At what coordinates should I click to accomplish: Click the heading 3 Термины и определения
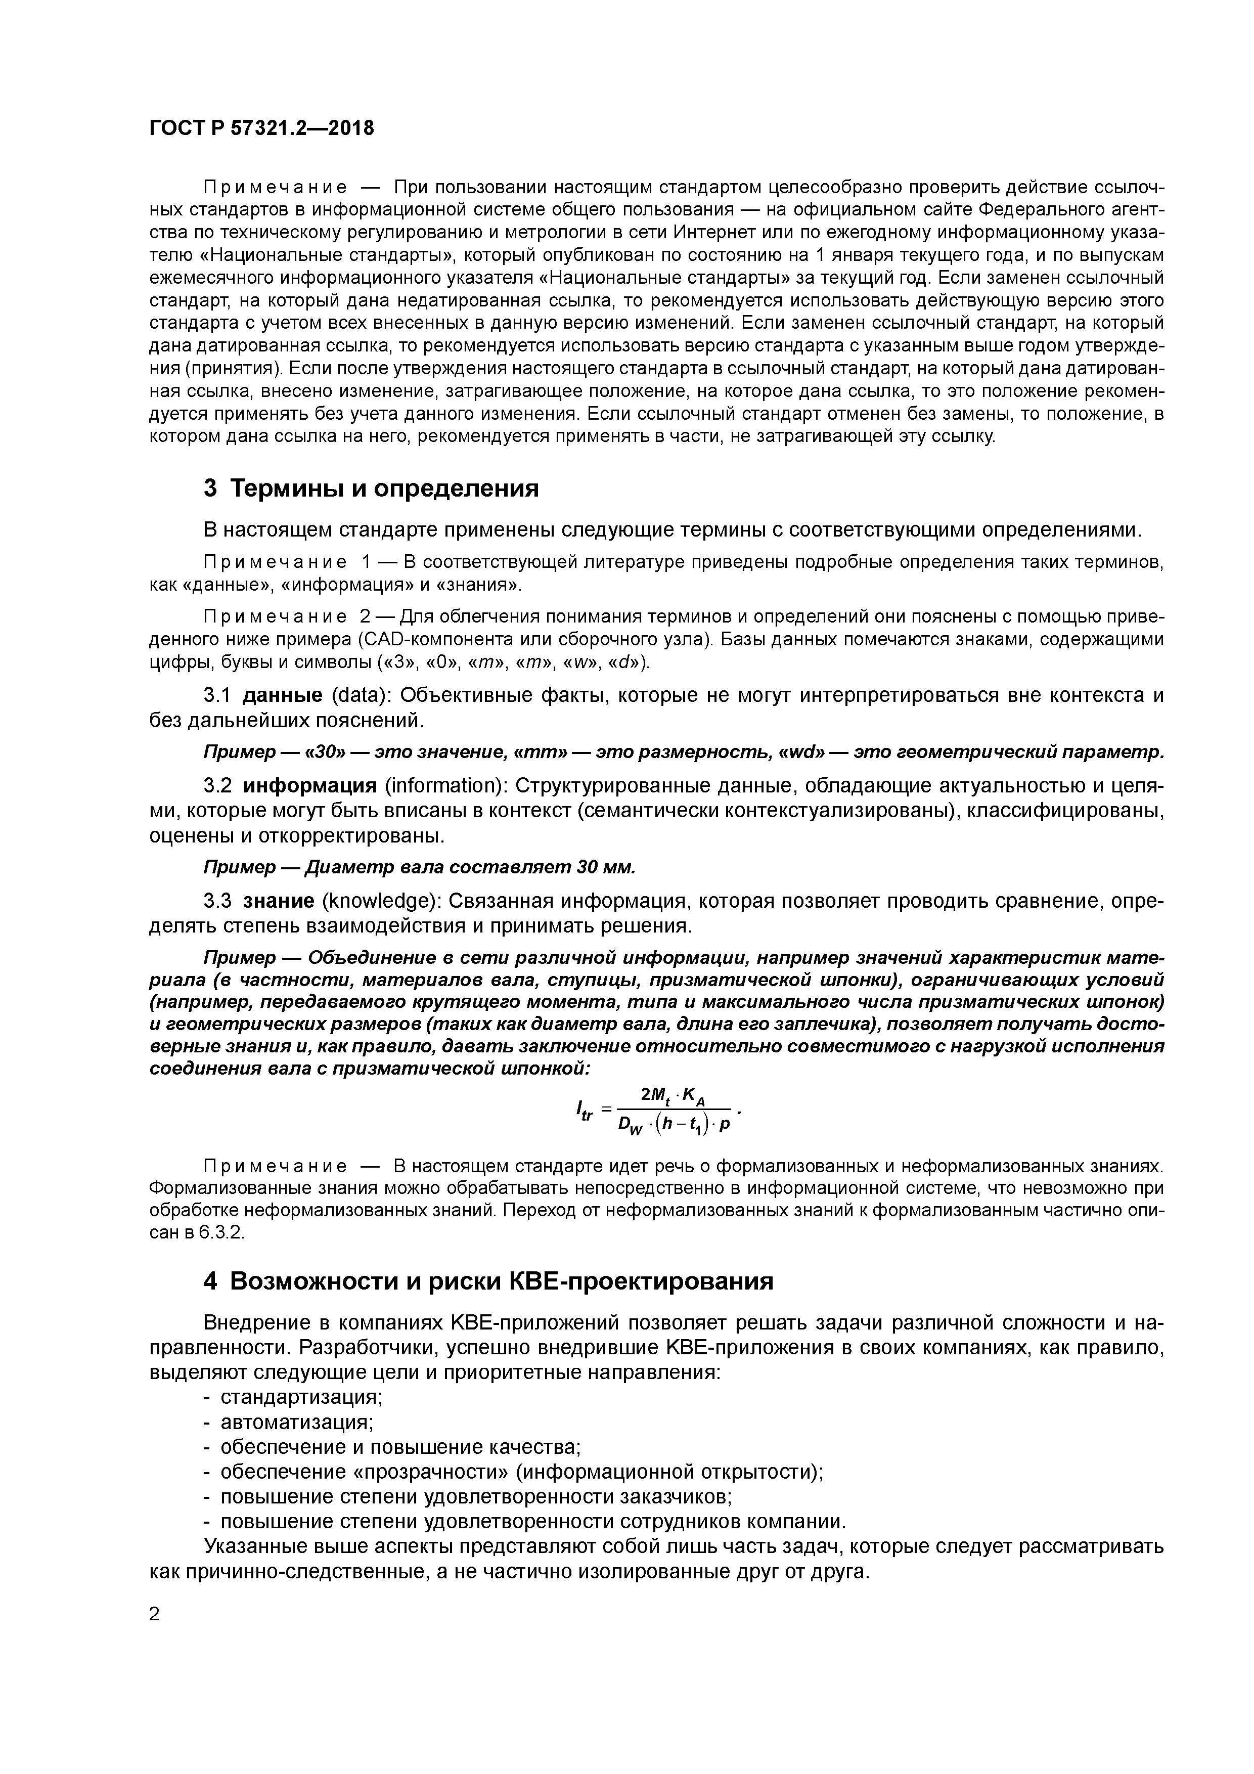click(370, 489)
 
